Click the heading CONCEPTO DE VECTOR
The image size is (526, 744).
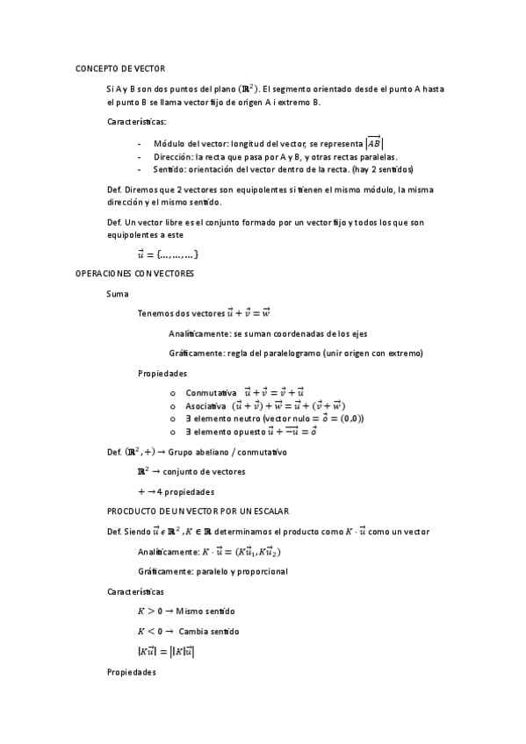coord(119,68)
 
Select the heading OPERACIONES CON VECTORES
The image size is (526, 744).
coord(135,274)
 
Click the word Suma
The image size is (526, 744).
coord(117,293)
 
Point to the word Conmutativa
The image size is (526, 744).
coord(211,392)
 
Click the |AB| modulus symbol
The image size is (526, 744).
coord(374,143)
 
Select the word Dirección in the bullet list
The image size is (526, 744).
coord(174,156)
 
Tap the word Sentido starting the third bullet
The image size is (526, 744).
coord(170,169)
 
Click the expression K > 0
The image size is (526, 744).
coord(149,612)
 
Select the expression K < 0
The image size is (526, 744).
coord(149,632)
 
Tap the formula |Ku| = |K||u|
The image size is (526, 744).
coord(166,652)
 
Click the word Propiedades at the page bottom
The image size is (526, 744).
coord(131,672)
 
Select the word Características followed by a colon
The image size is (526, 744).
coord(136,121)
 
